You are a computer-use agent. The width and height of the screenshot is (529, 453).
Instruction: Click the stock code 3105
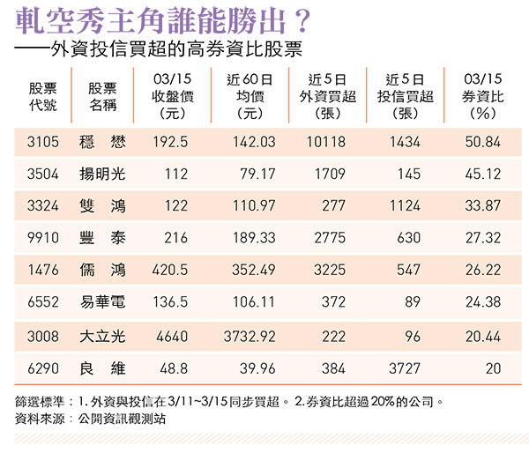click(x=43, y=141)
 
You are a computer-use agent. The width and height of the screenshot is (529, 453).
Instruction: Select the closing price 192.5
click(x=171, y=141)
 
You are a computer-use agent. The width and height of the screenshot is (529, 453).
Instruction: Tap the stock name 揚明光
click(x=102, y=174)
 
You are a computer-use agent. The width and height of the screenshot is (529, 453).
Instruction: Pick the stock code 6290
click(x=43, y=368)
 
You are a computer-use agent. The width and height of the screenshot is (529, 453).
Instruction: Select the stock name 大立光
click(x=102, y=335)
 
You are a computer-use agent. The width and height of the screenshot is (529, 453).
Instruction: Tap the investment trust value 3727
click(x=406, y=368)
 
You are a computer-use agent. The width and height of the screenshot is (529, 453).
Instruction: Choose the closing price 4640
click(x=171, y=335)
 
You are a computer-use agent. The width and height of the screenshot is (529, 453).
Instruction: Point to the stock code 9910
click(x=43, y=238)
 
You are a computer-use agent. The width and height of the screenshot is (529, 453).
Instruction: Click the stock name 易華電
click(x=102, y=303)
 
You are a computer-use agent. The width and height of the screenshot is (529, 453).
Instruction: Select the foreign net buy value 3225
click(x=330, y=271)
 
